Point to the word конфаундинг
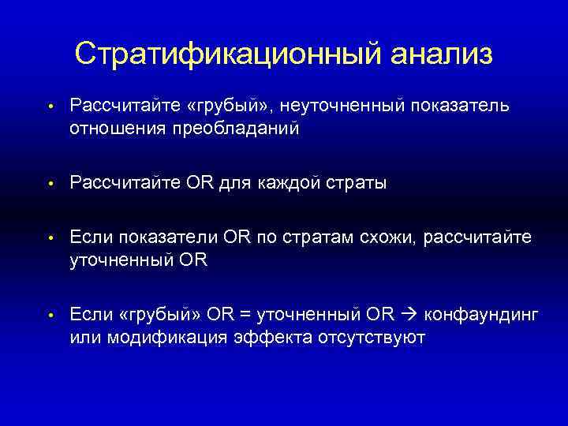click(x=481, y=316)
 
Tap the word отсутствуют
click(x=373, y=338)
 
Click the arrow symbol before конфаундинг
click(x=409, y=316)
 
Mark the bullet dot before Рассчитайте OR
click(x=49, y=184)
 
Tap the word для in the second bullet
click(x=234, y=183)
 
